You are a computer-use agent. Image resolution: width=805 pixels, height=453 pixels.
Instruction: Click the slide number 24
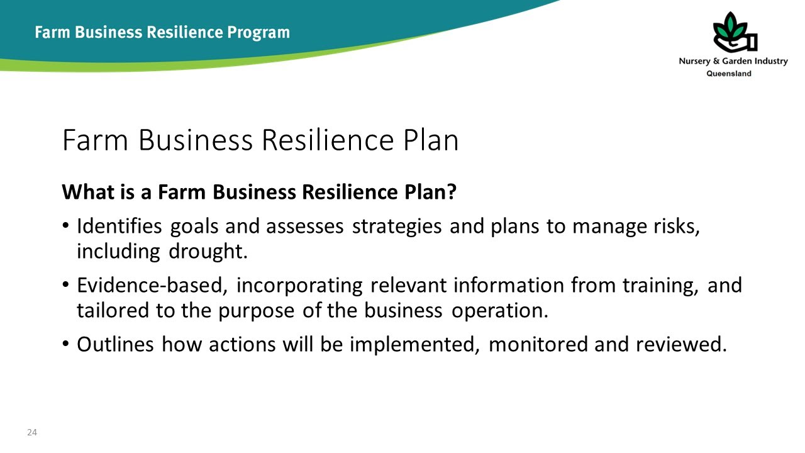(x=31, y=432)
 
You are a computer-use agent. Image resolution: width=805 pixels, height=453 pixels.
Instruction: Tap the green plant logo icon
(x=733, y=33)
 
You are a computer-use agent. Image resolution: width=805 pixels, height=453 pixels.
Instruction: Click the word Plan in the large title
(x=431, y=140)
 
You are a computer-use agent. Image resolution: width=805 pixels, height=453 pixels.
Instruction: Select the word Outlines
(x=116, y=344)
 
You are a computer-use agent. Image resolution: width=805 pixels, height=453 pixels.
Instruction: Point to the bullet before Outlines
(x=66, y=345)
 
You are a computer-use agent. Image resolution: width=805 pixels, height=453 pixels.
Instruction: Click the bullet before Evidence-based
(x=66, y=286)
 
